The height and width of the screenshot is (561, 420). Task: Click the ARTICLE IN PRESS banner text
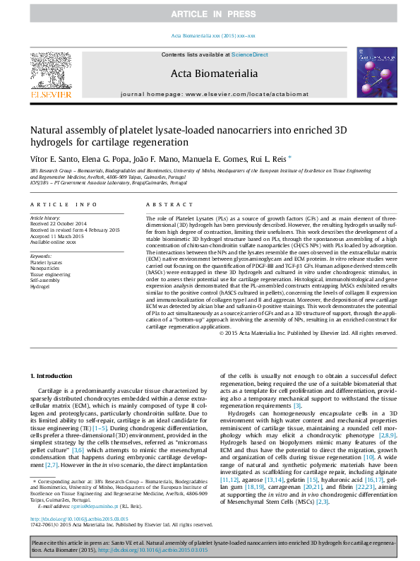pos(210,14)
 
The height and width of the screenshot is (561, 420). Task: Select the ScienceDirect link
pos(250,54)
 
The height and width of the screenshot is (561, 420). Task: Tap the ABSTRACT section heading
pos(160,204)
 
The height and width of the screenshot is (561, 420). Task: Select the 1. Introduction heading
pos(52,375)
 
